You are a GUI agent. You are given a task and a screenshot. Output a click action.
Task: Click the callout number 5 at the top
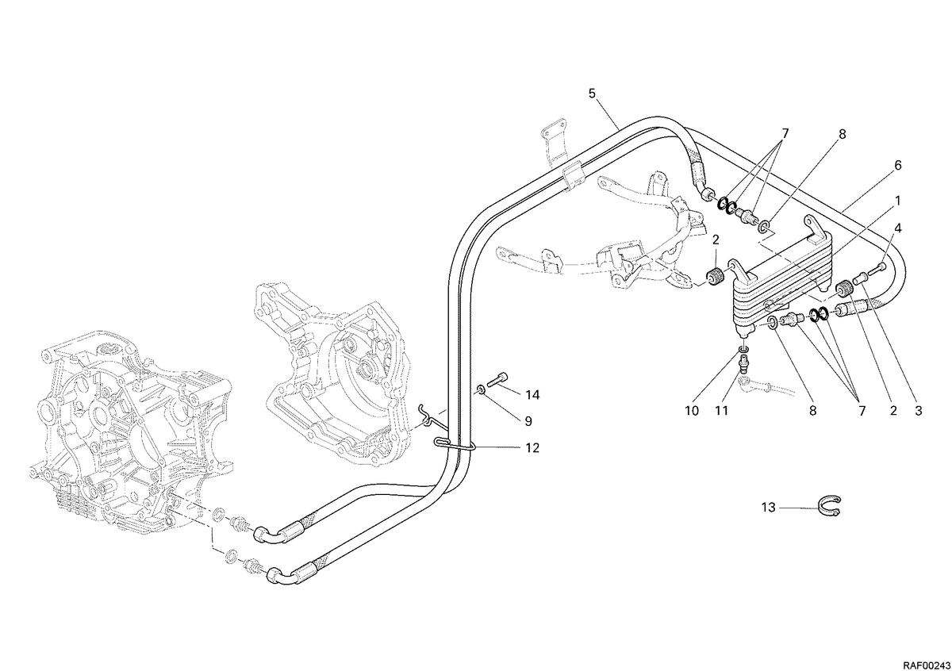[x=593, y=94]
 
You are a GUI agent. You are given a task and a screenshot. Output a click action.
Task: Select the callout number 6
[x=897, y=165]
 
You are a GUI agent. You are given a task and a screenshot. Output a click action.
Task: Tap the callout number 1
[x=897, y=201]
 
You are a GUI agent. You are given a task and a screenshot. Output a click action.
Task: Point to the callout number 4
[x=897, y=228]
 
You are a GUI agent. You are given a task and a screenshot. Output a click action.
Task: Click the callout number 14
[x=532, y=395]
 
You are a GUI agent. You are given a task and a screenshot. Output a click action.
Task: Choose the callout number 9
[x=528, y=421]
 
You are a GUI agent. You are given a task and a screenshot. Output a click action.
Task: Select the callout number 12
[x=532, y=448]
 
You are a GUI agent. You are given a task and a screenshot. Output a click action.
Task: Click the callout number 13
[x=769, y=508]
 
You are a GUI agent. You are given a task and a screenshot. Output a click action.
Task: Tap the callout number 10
[x=692, y=411]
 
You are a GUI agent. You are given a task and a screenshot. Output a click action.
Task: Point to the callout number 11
[x=722, y=411]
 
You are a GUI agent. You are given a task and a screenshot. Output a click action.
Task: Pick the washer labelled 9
[x=481, y=389]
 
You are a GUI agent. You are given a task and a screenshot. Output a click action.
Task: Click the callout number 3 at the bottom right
[x=919, y=411]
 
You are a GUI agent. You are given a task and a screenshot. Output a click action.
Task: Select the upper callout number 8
[x=842, y=134]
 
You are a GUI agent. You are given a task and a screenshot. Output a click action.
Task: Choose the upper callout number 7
[x=785, y=134]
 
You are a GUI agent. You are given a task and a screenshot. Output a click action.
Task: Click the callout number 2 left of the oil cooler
[x=716, y=240]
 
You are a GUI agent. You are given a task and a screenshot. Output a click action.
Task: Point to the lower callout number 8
[x=812, y=411]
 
